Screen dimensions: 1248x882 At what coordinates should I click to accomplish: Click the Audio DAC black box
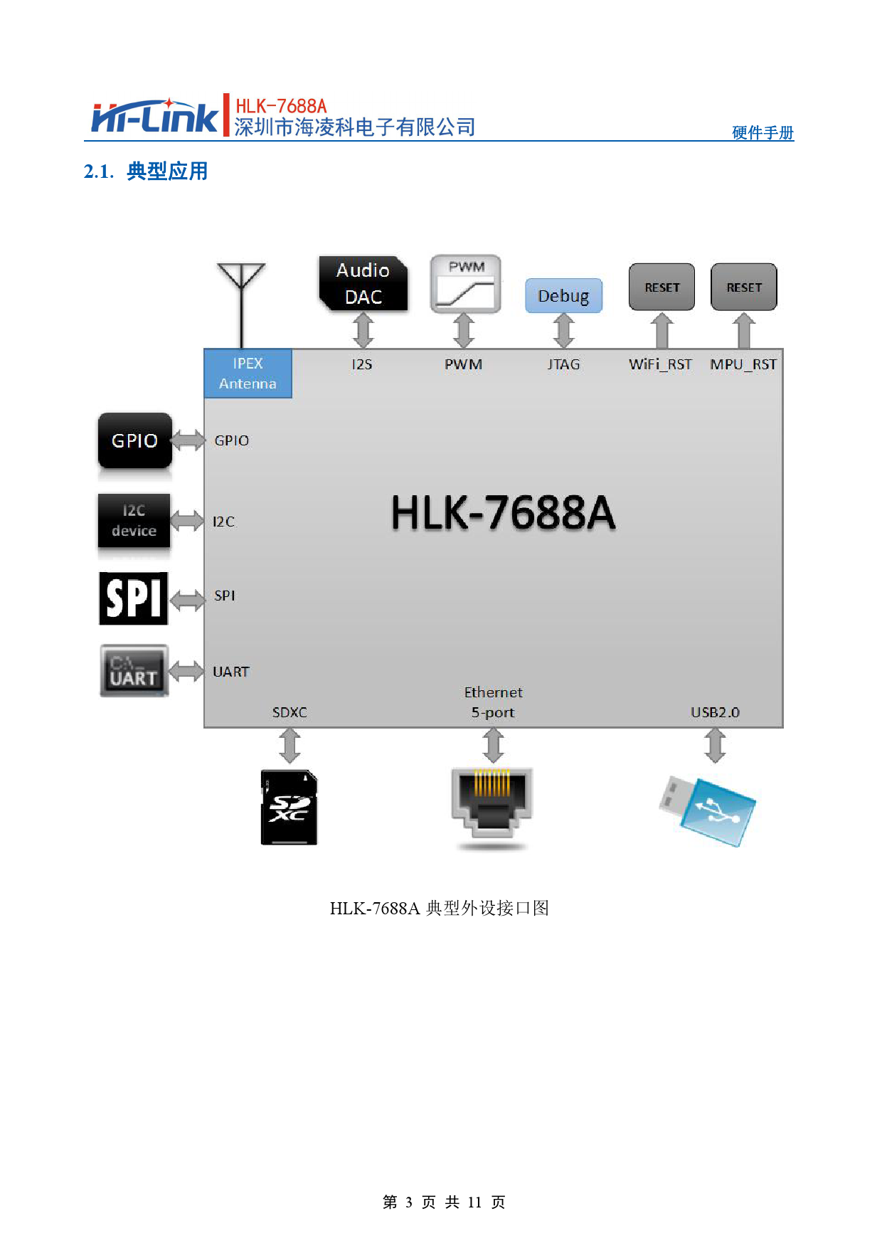coord(363,283)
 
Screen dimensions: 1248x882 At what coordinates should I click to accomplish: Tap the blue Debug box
coord(563,295)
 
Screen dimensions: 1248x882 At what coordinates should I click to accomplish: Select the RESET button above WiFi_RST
coord(661,287)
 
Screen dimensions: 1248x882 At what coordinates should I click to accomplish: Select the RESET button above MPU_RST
coord(743,287)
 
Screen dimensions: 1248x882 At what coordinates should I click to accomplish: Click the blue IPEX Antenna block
coord(248,374)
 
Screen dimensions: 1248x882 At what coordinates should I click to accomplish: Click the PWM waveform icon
coord(465,284)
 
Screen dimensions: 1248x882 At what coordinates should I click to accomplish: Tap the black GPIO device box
coord(134,440)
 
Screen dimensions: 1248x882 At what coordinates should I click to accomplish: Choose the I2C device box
coord(134,521)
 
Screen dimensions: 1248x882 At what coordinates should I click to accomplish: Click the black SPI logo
coord(134,598)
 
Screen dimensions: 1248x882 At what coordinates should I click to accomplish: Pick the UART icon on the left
coord(134,671)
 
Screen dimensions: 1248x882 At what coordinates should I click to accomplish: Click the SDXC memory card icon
coord(289,808)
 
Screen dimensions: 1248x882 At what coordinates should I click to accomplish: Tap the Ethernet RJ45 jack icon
coord(492,804)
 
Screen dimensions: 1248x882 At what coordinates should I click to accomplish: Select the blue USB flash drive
coord(708,811)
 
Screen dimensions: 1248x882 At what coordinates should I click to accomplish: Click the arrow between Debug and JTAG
coord(563,331)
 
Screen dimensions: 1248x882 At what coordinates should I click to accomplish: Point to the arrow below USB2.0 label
coord(715,746)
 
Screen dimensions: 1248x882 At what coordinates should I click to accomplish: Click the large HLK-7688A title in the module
coord(503,513)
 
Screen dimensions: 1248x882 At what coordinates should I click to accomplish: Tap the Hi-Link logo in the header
coord(154,117)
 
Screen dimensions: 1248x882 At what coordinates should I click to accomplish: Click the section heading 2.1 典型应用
coord(146,171)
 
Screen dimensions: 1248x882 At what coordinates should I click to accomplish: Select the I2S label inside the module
coord(362,364)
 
